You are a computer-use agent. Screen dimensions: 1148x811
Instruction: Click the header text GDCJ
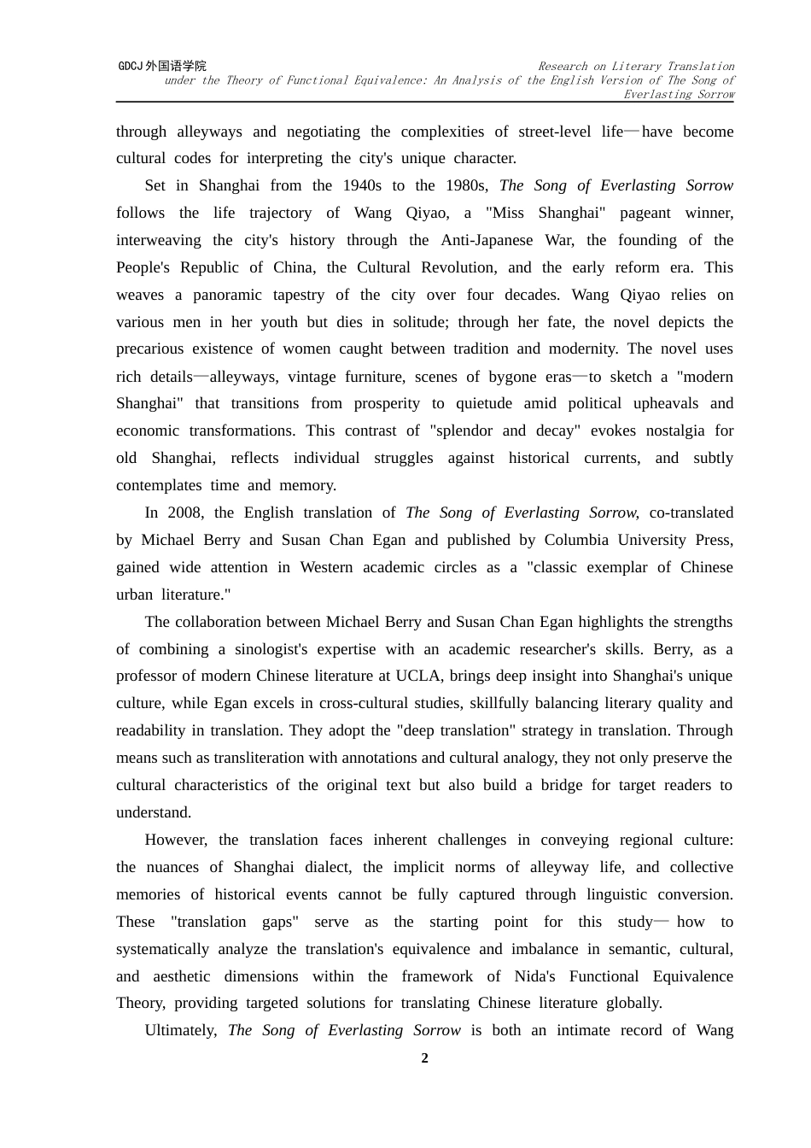130,66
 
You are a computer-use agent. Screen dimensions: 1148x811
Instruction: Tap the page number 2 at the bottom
424,1058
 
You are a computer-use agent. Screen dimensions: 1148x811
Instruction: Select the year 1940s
362,185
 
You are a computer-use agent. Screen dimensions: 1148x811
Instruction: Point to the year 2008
184,512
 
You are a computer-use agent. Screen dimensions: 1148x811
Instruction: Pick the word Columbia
576,540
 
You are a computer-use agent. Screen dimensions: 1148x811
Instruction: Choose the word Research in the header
563,66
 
